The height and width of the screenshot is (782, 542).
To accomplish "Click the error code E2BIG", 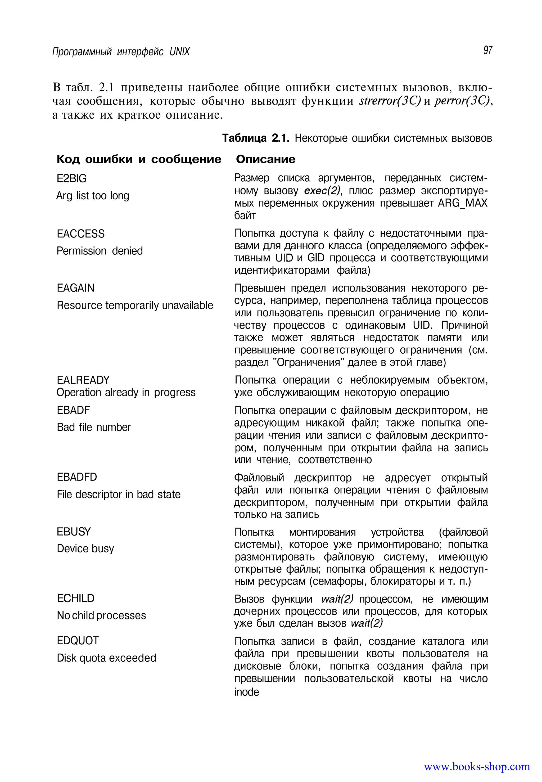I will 72,178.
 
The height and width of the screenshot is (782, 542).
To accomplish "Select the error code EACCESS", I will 80,234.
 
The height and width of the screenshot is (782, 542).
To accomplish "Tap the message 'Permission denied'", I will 100,251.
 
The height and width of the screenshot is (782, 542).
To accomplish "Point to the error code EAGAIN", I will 75,288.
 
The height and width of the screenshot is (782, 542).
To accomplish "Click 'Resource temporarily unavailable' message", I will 135,305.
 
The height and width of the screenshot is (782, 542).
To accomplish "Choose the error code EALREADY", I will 83,380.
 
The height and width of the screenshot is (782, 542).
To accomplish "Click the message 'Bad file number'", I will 94,427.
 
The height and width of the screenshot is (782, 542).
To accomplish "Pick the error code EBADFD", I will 77,477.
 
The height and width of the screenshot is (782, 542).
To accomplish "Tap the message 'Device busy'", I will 85,549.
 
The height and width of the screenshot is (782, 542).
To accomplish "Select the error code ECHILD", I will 75,598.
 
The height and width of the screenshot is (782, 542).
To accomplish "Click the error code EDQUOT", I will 78,641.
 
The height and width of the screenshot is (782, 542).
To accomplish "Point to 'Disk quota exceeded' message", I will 106,658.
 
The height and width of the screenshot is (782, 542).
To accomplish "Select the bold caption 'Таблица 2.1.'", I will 256,138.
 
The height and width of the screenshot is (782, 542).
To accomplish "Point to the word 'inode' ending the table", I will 247,692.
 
